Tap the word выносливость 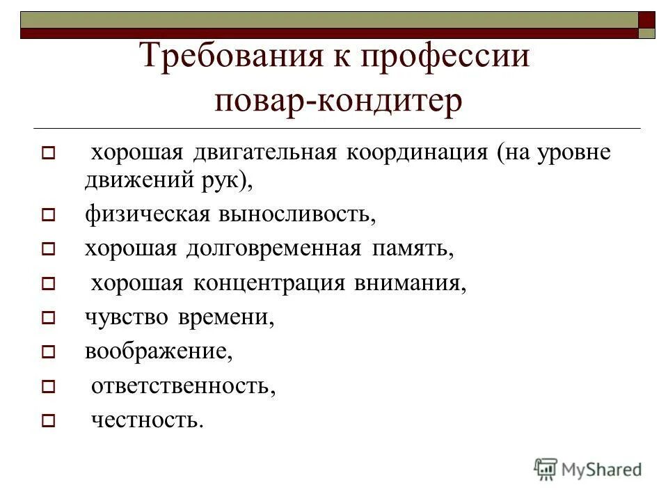pos(297,214)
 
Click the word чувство pos(127,317)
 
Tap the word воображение pos(158,351)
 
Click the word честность pos(148,419)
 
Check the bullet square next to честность pos(48,421)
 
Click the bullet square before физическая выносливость pos(48,216)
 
